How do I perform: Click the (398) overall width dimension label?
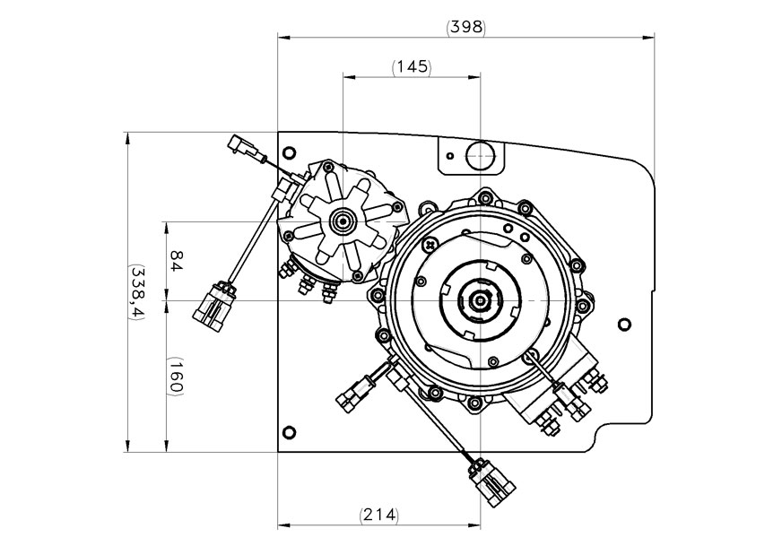coord(465,27)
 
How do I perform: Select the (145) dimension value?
coord(412,67)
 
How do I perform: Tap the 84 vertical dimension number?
coord(176,261)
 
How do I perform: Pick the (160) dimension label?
coord(176,376)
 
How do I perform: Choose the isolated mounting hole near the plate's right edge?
coord(625,324)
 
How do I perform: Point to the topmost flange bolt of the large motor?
coord(485,195)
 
